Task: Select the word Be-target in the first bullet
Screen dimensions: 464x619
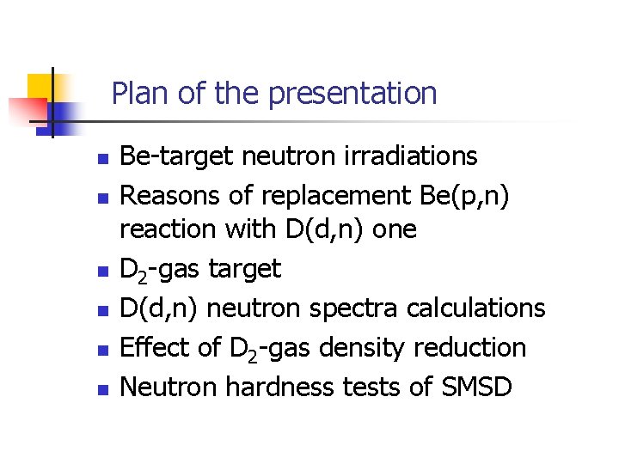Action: tap(177, 156)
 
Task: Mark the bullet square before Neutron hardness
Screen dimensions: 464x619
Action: tap(101, 390)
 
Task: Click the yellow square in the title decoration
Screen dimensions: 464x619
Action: tap(41, 86)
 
